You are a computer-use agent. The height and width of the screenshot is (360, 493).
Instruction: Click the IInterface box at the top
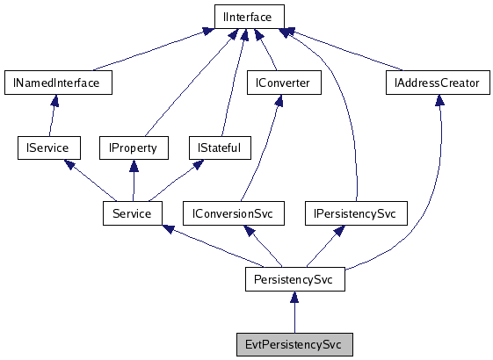tap(249, 16)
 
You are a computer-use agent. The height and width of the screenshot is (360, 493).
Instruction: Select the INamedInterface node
tap(57, 83)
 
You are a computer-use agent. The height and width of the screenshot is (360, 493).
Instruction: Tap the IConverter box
tap(284, 83)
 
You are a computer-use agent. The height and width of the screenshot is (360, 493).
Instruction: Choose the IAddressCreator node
tap(438, 83)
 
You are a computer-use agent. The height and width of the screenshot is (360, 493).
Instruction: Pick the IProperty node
tap(133, 148)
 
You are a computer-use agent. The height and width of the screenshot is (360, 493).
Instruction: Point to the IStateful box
tap(221, 148)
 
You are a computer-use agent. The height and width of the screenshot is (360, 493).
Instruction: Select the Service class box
tap(133, 213)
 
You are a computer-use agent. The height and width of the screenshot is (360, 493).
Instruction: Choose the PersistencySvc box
tap(294, 279)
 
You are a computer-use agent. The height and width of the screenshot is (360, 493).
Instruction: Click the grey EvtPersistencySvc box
tap(294, 344)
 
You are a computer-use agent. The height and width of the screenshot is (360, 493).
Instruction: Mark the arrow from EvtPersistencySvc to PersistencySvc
tap(294, 313)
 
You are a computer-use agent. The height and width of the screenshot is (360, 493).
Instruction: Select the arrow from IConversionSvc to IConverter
tap(264, 149)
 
